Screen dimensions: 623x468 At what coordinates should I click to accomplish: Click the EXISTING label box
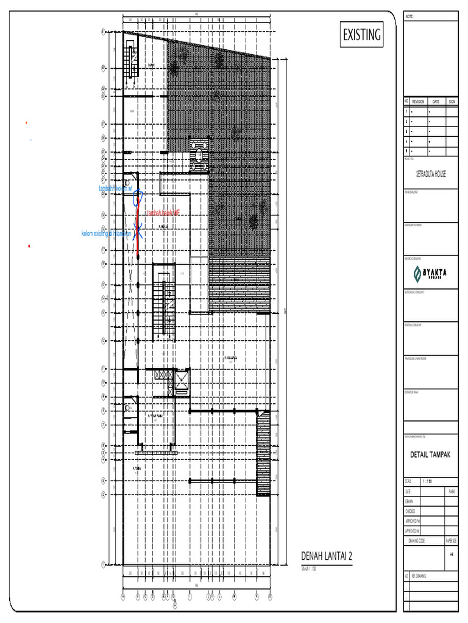point(362,35)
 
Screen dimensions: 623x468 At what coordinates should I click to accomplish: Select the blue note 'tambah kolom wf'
point(120,189)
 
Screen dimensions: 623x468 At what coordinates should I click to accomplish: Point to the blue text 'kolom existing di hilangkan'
point(107,234)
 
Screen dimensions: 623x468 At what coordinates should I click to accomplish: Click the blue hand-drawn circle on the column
point(140,195)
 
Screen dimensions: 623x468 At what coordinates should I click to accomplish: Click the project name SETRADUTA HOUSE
point(431,173)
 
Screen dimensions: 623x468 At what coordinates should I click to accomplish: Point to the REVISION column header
point(418,102)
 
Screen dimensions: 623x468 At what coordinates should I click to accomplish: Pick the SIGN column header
point(452,102)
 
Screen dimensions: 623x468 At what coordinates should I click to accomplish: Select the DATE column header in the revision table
point(436,102)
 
